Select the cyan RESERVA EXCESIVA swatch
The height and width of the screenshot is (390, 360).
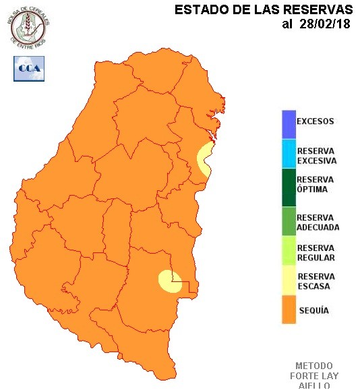[x=289, y=155]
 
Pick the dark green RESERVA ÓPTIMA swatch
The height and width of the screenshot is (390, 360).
[x=289, y=185]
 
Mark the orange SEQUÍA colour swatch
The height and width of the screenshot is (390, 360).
[x=289, y=310]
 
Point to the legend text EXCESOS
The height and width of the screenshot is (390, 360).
[x=316, y=122]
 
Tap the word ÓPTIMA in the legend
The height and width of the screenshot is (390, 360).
[x=312, y=190]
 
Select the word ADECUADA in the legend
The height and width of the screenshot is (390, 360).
[x=318, y=227]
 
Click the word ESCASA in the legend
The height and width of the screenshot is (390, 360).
[x=311, y=286]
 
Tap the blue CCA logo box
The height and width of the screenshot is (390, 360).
[x=28, y=68]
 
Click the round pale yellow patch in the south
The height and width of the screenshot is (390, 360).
[x=168, y=281]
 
